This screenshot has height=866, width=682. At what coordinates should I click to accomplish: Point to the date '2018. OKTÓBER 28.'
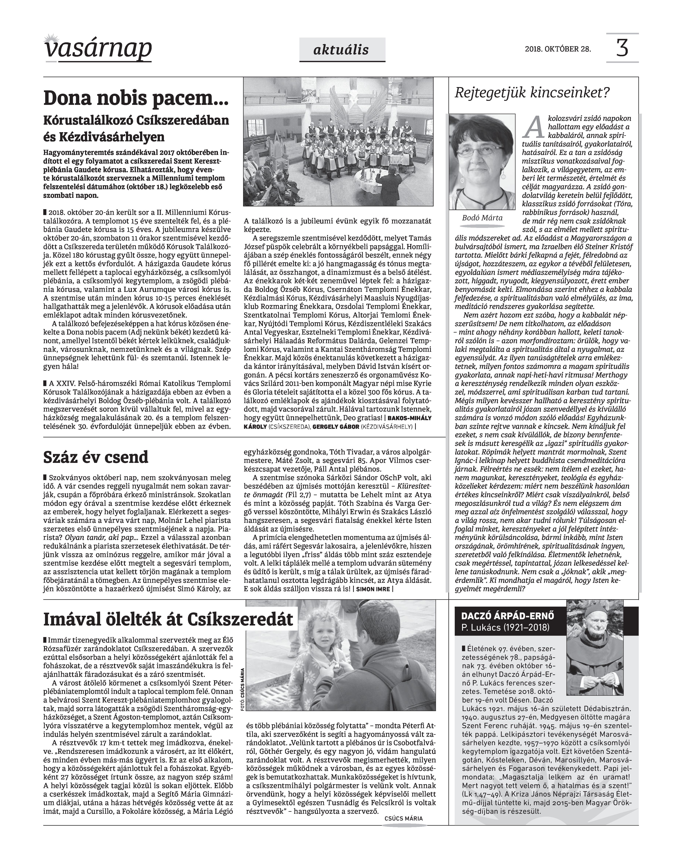558,49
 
